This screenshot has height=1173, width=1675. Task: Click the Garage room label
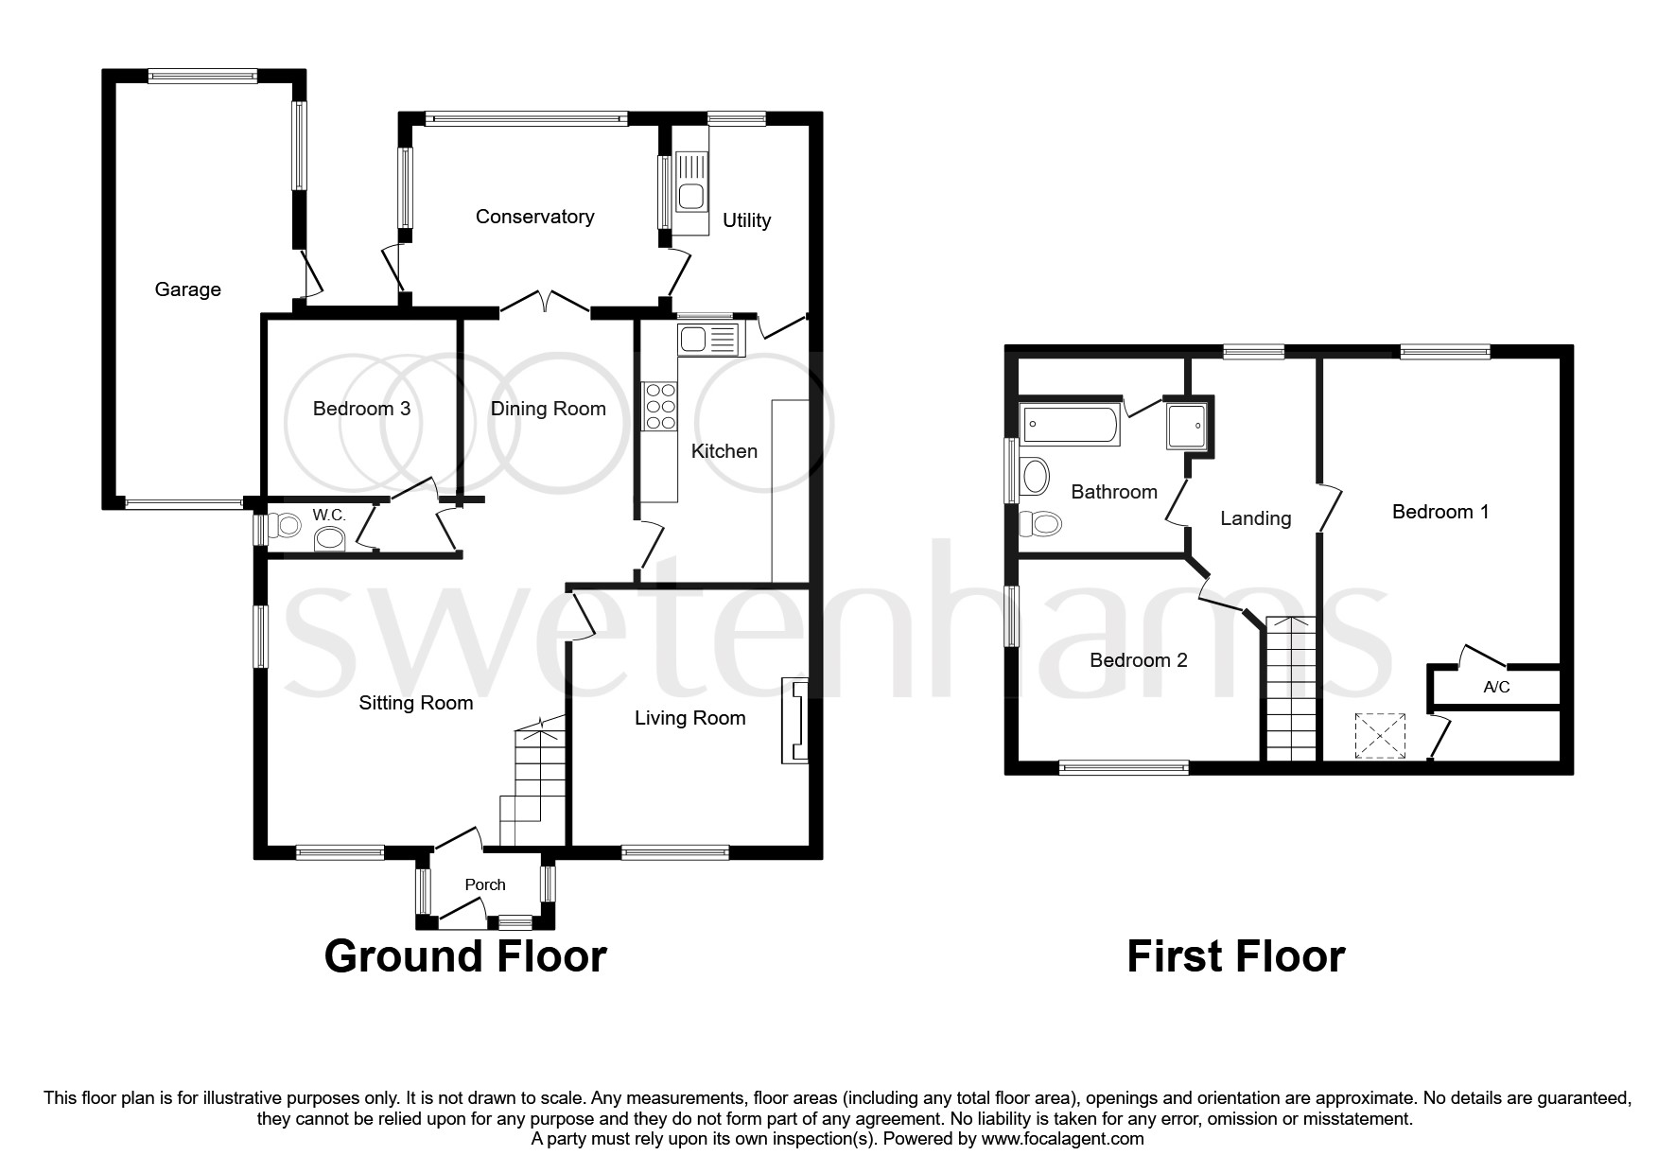click(187, 289)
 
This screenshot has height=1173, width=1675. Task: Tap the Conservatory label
click(534, 217)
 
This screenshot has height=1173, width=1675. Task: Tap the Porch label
click(485, 884)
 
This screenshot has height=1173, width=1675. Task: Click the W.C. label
click(329, 516)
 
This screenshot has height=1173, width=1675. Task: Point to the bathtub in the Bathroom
click(1071, 425)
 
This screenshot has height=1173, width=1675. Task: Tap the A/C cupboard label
click(1496, 688)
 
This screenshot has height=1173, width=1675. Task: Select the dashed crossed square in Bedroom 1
click(1380, 736)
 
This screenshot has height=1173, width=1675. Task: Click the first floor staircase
click(1291, 689)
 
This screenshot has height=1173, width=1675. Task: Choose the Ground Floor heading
click(464, 956)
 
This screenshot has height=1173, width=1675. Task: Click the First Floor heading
click(1235, 956)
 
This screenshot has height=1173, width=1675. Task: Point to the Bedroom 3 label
click(361, 409)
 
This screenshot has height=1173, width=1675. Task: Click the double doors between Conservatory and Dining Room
click(546, 301)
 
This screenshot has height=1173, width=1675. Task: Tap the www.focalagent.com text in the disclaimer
click(1062, 1139)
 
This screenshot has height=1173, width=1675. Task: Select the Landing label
click(1255, 518)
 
